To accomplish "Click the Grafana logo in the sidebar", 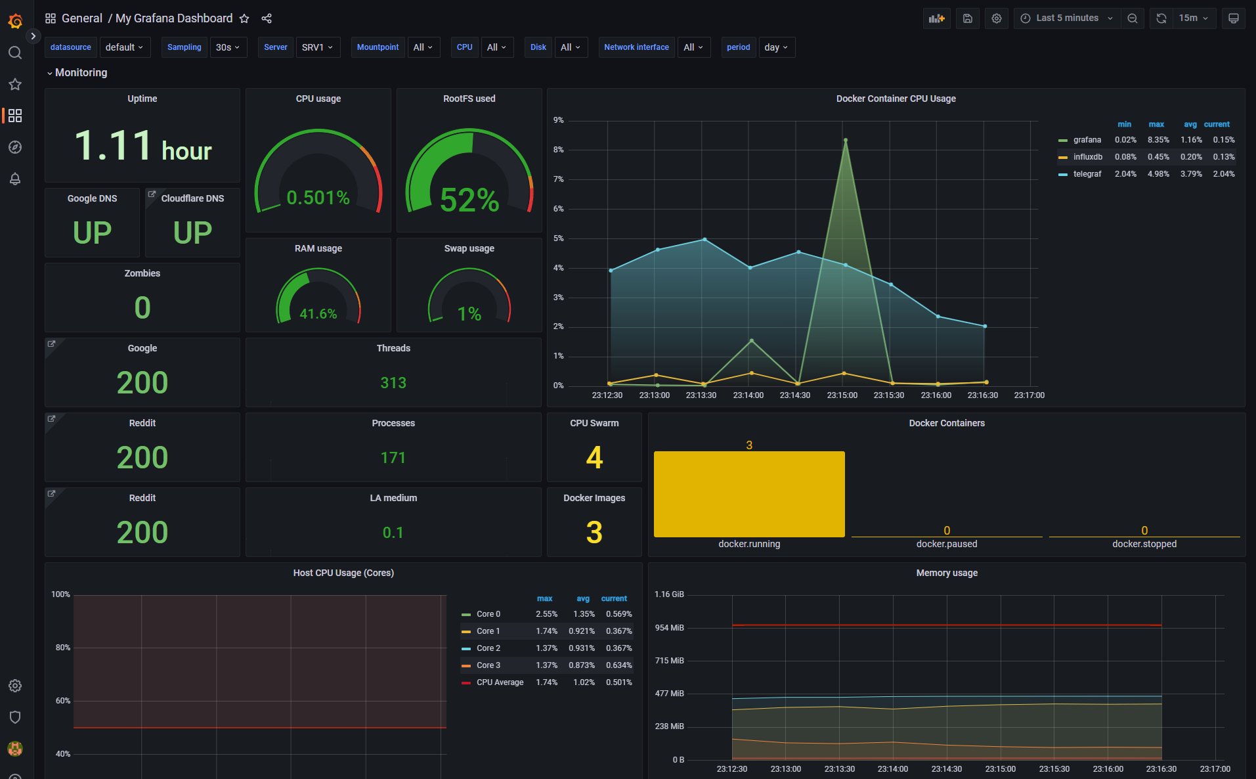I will click(x=15, y=21).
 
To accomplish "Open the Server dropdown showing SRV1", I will click(x=318, y=47).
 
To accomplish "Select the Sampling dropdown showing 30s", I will click(x=228, y=47).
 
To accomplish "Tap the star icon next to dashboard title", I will click(x=244, y=18).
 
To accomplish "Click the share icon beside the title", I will click(x=267, y=18).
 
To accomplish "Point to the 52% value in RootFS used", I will click(x=469, y=200).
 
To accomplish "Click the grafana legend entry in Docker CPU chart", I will click(x=1087, y=140).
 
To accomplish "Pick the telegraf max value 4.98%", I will click(x=1158, y=174).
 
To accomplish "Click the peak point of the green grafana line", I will click(x=845, y=140).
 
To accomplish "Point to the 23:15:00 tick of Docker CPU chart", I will click(x=842, y=395).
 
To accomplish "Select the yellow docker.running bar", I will click(x=749, y=493).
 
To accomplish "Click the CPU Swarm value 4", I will click(x=594, y=458).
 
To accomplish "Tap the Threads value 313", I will click(x=393, y=383).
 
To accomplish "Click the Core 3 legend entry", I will click(x=488, y=665).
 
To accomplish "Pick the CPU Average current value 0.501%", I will click(x=618, y=682).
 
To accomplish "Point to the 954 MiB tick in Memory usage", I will click(x=669, y=628).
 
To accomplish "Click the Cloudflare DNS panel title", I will click(x=192, y=198).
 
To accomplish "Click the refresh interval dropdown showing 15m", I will click(x=1193, y=18).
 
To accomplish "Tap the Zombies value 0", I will click(x=142, y=308).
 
